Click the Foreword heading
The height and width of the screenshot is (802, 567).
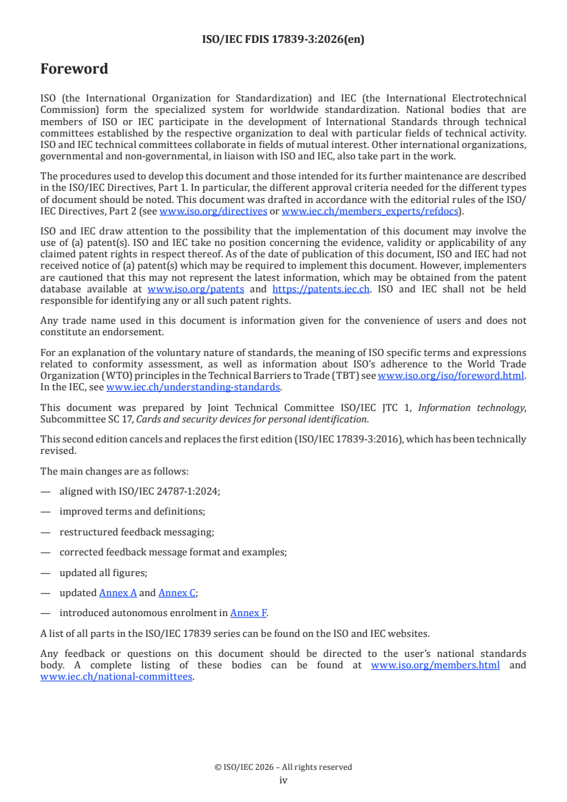[74, 69]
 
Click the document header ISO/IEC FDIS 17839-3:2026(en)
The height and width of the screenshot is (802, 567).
[284, 40]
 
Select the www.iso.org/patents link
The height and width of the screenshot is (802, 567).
[195, 289]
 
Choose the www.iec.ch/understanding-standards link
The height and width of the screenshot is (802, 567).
[193, 387]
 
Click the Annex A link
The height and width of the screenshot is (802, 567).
[118, 593]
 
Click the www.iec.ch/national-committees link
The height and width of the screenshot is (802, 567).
[117, 676]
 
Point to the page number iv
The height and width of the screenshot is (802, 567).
[283, 780]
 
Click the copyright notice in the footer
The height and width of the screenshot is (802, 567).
[283, 767]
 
